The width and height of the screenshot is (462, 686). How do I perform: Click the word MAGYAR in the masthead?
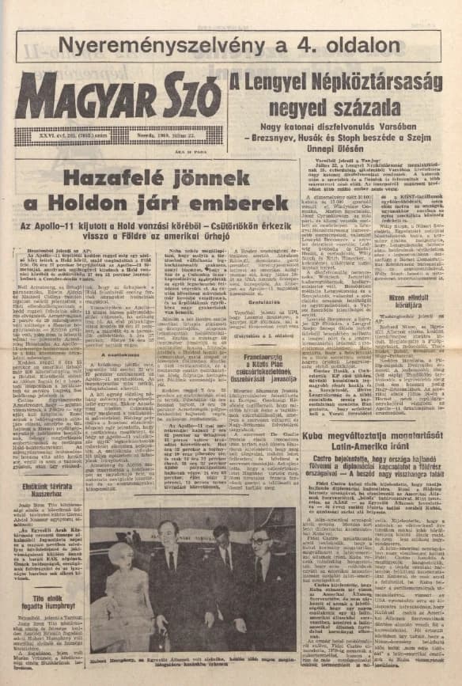[76, 97]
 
